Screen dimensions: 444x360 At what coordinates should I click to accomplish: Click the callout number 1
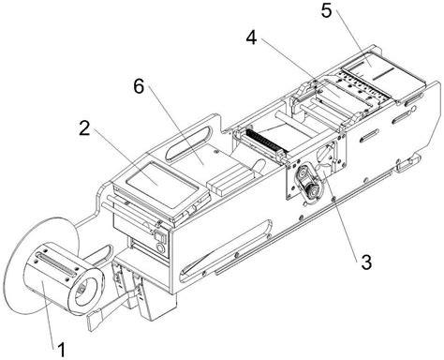(62, 349)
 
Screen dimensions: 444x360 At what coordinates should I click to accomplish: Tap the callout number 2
(84, 128)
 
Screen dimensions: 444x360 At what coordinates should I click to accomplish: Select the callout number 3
(366, 262)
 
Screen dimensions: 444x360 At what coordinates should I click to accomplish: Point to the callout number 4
(251, 37)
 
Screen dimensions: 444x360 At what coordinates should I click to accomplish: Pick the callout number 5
(326, 11)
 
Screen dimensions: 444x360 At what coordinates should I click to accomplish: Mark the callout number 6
(139, 86)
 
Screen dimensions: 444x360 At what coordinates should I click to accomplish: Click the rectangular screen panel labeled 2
(162, 184)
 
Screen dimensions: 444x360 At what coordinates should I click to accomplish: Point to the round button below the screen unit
(160, 248)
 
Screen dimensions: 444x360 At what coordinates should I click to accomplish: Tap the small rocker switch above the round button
(158, 234)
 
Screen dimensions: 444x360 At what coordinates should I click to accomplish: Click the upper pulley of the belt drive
(303, 172)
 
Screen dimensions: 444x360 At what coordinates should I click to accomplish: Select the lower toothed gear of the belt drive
(313, 190)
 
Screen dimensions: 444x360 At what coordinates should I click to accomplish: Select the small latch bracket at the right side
(407, 163)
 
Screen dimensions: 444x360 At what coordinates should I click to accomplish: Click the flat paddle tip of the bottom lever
(94, 320)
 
